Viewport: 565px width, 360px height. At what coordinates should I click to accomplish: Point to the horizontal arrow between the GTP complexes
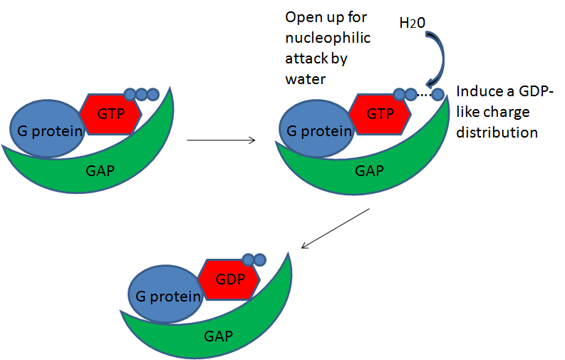coord(221,140)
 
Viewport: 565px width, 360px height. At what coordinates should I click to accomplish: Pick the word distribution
coord(497,133)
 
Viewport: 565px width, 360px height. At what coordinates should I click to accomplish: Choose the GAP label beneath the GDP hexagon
coord(218,335)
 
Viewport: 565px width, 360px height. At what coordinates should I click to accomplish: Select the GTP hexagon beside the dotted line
coord(380,113)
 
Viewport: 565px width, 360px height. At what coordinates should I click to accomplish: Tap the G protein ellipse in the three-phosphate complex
coord(44,128)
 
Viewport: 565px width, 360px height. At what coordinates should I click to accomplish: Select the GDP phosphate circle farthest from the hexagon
coord(259,259)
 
